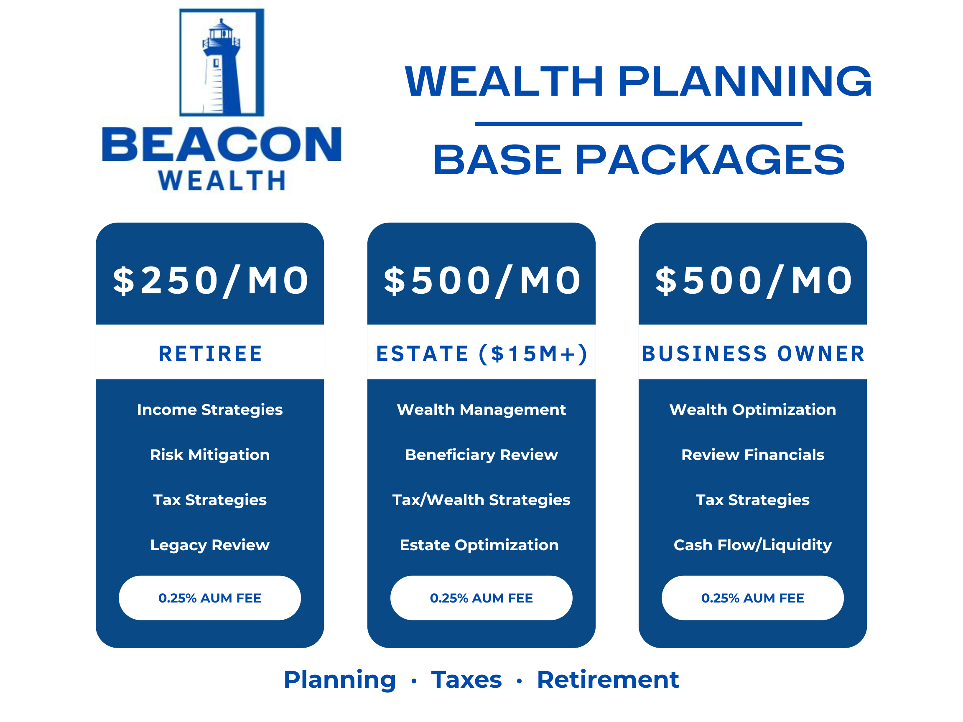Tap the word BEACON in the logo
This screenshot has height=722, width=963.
coord(222,144)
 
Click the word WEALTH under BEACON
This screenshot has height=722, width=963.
coord(222,180)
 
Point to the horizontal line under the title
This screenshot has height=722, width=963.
coord(638,124)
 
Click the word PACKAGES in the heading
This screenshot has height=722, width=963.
coord(710,160)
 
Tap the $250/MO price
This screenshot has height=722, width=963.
coord(211,281)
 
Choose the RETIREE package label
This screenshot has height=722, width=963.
coord(210,353)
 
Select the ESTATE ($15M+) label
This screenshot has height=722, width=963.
coord(481,354)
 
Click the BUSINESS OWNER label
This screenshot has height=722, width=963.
coord(753,353)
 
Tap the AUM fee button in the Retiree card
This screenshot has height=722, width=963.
coord(210,598)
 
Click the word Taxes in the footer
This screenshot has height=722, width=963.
coord(466,680)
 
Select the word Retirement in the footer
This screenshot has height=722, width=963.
coord(608,680)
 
